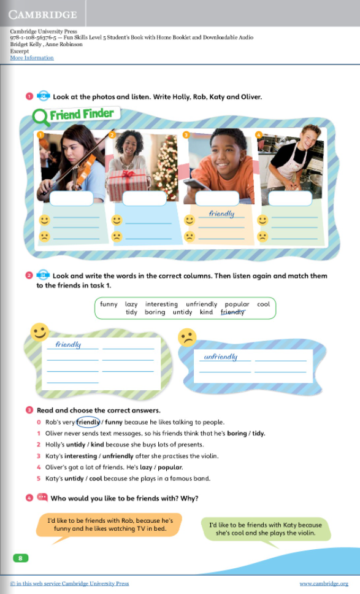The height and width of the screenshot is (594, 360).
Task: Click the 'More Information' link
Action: click(x=32, y=58)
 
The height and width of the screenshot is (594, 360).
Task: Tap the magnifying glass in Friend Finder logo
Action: click(x=40, y=115)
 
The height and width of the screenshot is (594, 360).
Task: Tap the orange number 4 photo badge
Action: click(x=258, y=134)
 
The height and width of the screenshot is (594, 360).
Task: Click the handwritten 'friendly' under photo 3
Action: click(x=221, y=214)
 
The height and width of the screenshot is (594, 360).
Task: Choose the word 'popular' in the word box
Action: click(x=237, y=304)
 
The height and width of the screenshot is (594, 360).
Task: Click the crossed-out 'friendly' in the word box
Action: click(x=232, y=312)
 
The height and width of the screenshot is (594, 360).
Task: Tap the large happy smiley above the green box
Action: click(x=40, y=333)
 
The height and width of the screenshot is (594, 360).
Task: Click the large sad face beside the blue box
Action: click(x=186, y=337)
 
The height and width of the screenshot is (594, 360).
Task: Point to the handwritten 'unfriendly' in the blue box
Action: click(x=220, y=357)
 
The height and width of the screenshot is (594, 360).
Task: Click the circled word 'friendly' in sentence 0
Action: click(x=88, y=422)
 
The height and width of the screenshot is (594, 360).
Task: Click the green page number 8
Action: click(x=20, y=557)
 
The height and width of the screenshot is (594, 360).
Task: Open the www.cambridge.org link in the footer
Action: click(x=323, y=584)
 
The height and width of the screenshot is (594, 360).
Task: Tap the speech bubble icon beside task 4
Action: click(x=42, y=497)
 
